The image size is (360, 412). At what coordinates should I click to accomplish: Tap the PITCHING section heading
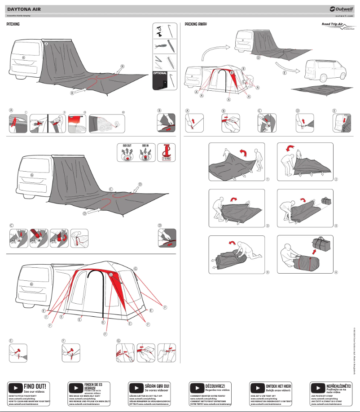click(13, 24)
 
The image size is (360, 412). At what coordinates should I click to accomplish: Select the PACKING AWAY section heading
click(196, 24)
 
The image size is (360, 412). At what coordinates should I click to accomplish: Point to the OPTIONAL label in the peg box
click(160, 73)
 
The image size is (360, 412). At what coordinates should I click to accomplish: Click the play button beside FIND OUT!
click(15, 375)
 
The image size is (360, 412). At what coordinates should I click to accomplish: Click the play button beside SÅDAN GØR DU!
click(136, 375)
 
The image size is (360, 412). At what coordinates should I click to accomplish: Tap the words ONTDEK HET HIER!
click(278, 373)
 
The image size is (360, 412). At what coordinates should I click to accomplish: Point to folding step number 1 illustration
click(237, 162)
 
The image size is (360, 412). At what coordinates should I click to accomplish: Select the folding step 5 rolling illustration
click(237, 254)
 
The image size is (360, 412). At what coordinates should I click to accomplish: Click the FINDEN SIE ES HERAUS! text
click(93, 374)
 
